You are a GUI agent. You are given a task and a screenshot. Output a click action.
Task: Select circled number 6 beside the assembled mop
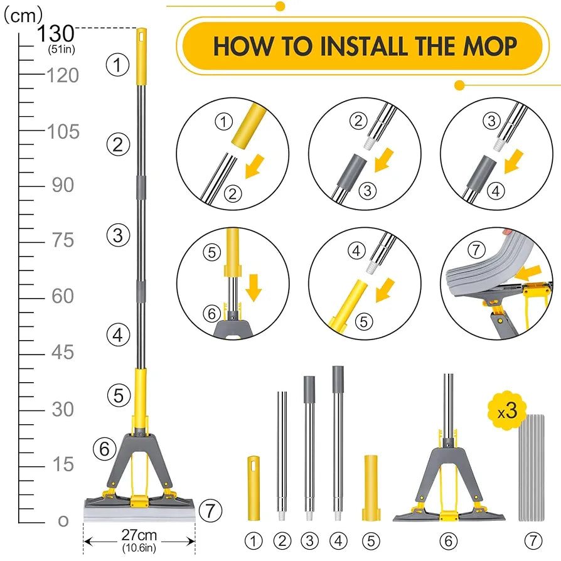pos(105,449)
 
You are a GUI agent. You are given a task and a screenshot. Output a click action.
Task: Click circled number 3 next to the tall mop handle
pos(117,236)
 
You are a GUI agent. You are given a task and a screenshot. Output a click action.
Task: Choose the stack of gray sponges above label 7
pos(532,467)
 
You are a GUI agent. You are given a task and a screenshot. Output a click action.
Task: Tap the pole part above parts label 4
pos(338,442)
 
